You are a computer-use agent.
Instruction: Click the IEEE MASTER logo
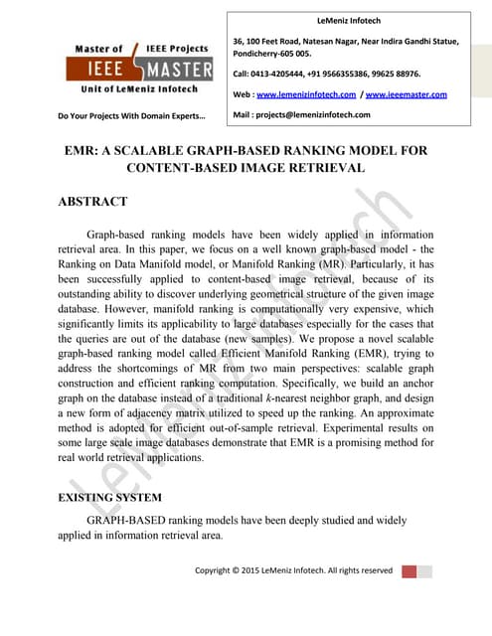139,68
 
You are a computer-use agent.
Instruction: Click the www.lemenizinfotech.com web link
307,94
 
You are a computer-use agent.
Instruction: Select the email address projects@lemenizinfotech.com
316,114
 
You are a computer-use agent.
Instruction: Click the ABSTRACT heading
93,202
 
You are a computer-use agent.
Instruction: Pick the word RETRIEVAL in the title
322,169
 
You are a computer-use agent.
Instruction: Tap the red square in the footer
410,571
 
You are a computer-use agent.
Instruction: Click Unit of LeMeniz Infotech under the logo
139,89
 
